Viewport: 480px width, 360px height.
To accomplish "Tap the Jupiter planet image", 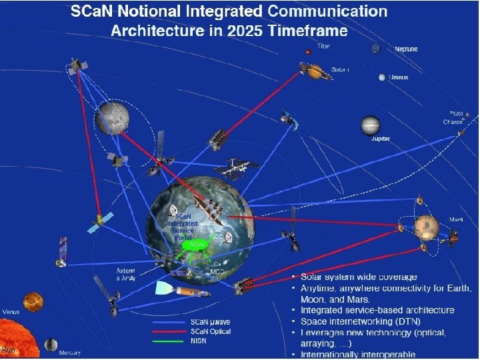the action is point(371,125).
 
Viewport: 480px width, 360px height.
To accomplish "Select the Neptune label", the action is point(406,49).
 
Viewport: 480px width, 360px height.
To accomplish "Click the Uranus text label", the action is point(399,77).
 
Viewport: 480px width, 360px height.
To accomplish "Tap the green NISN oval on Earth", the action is point(197,245).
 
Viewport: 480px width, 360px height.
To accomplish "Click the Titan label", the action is point(323,47).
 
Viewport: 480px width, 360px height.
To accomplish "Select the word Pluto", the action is point(455,114).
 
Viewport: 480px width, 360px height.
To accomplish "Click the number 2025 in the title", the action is point(246,31).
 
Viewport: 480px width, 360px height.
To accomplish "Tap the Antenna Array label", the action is point(125,275).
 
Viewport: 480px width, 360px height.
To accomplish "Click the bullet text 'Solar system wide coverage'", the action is point(359,277).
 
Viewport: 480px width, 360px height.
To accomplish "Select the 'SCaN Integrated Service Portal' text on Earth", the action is point(182,227).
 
